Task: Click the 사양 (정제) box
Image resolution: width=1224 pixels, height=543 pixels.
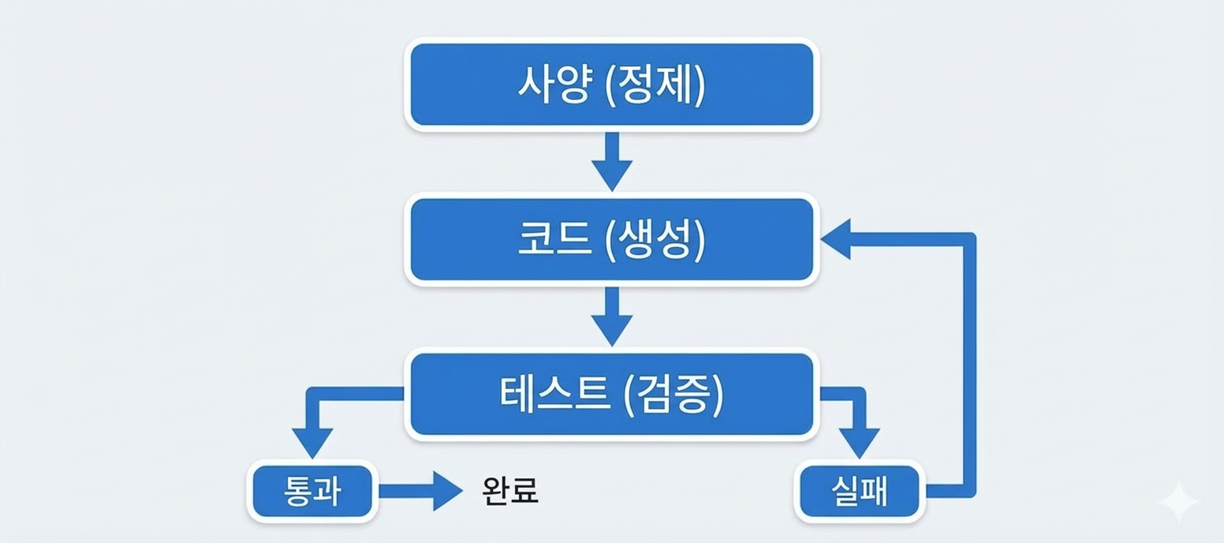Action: coord(612,84)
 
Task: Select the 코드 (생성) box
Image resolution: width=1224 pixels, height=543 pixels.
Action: coord(612,239)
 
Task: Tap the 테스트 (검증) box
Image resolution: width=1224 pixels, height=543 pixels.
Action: coord(612,394)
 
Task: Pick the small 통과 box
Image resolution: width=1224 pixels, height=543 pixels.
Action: coord(312,491)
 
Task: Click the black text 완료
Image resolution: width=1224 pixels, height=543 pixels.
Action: coord(509,491)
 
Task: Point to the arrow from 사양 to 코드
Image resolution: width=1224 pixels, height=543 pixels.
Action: coord(612,162)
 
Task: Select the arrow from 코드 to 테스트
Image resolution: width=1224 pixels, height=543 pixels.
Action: coord(612,316)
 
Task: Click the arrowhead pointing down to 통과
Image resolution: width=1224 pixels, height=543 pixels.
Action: coord(312,442)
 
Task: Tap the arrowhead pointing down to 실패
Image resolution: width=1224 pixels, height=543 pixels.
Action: coord(859,442)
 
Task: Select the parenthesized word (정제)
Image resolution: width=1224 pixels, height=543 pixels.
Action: coord(654,84)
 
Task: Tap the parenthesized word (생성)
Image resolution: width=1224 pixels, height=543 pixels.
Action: coord(654,239)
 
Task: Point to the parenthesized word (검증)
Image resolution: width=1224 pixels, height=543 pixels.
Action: coord(672,394)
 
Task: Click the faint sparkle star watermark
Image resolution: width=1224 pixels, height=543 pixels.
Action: coord(1178,500)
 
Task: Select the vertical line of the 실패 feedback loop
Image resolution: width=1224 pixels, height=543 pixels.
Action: coord(970,363)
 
